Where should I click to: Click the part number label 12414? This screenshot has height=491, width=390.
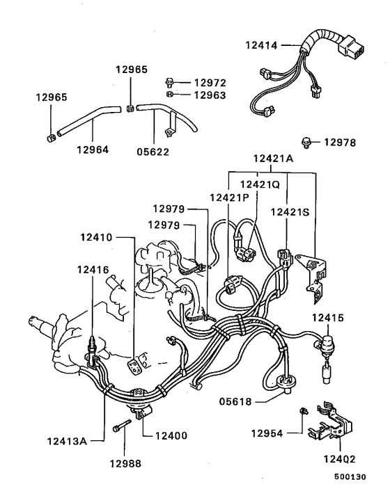261,46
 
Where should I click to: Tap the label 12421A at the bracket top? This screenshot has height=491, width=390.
274,159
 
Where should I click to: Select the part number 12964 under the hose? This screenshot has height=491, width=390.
93,148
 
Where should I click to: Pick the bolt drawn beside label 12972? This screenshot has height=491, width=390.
171,81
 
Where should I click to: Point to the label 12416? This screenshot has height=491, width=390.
93,269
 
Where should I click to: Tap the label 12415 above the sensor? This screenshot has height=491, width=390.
328,318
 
